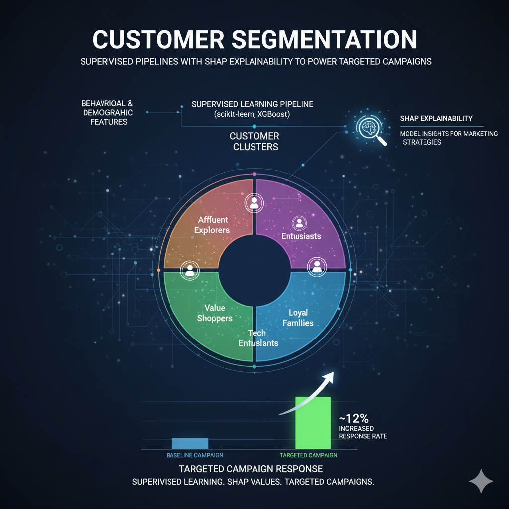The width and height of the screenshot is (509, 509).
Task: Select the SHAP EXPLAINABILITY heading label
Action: pyautogui.click(x=436, y=118)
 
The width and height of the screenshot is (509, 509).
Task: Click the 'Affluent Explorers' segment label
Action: pyautogui.click(x=213, y=225)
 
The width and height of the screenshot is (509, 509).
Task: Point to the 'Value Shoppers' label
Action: pyautogui.click(x=215, y=313)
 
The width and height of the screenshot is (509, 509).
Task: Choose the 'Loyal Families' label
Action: pyautogui.click(x=298, y=318)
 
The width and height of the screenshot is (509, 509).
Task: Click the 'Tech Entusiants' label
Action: pyautogui.click(x=258, y=338)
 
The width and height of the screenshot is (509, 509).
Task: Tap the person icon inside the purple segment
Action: pyautogui.click(x=299, y=222)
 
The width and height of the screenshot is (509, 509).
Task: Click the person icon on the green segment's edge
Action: pyautogui.click(x=189, y=270)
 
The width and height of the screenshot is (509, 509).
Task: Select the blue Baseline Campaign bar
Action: pyautogui.click(x=190, y=443)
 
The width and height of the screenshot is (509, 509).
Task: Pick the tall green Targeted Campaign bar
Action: pyautogui.click(x=313, y=423)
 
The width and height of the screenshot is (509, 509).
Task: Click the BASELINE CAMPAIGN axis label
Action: pyautogui.click(x=194, y=455)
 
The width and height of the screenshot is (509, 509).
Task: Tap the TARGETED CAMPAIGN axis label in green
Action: pyautogui.click(x=308, y=455)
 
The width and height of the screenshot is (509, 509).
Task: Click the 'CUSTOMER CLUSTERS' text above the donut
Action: pyautogui.click(x=254, y=141)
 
